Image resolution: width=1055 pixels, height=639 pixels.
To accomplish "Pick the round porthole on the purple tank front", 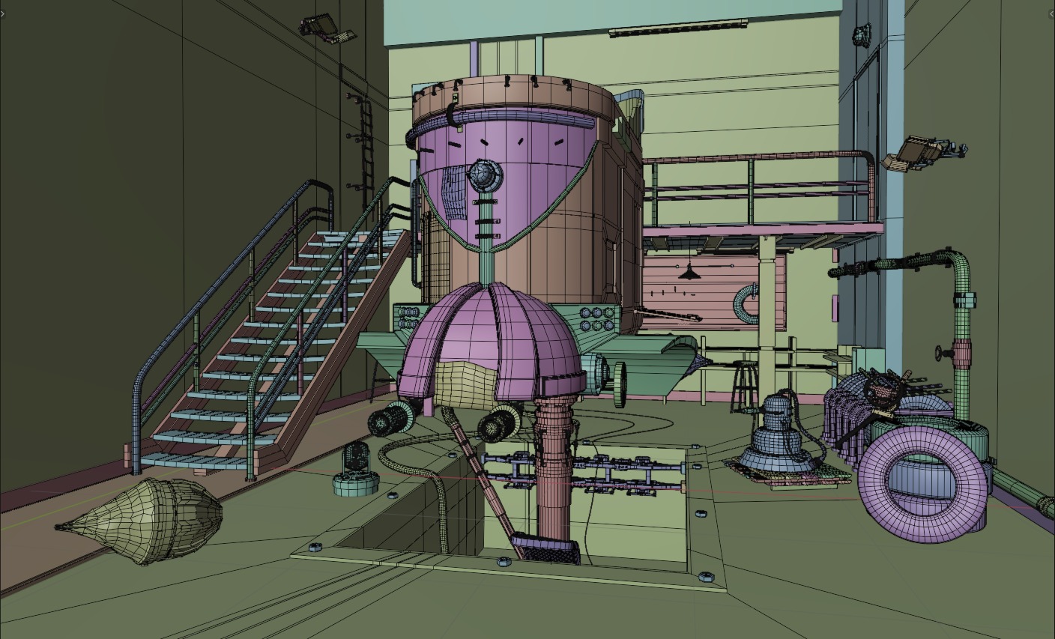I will coord(483,175).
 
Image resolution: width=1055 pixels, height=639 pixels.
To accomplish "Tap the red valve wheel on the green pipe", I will coord(940,352).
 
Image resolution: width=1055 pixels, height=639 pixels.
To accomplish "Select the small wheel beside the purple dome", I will coord(620,384).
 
